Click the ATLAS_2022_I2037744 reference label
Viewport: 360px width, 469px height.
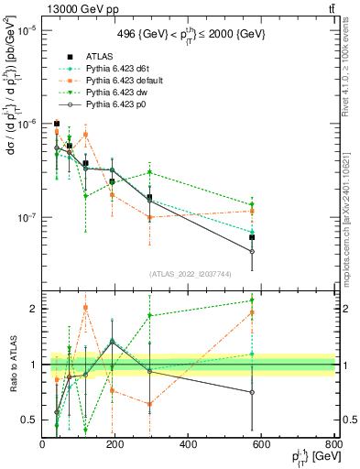click(x=189, y=274)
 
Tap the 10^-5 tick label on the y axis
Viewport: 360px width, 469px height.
click(x=25, y=30)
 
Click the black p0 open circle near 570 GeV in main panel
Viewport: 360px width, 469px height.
click(x=252, y=251)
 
